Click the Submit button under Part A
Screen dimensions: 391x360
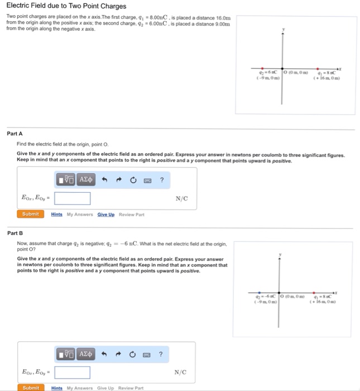30,214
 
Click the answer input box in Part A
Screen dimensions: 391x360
73,198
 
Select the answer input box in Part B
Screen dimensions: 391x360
73,372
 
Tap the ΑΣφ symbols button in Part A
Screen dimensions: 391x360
87,180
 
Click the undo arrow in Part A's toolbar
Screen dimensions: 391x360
104,180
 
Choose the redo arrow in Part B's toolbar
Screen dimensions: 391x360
118,354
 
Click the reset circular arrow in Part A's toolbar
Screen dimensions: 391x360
133,180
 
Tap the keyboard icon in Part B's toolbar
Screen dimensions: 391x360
147,354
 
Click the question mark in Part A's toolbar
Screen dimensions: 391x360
162,180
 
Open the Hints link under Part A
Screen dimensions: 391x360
57,214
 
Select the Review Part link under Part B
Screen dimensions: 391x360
131,388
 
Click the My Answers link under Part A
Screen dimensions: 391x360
80,214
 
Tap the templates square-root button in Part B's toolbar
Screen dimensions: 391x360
66,354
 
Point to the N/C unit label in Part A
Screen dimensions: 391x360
181,198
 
